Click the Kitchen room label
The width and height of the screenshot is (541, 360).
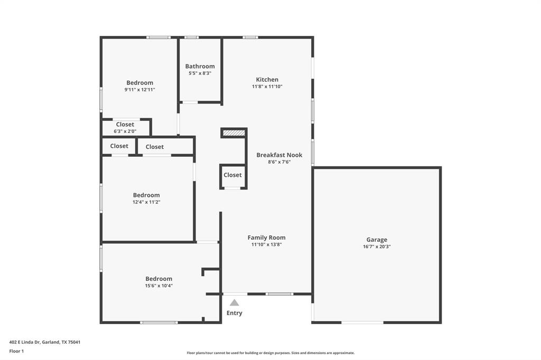267,80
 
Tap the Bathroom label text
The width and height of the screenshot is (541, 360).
200,67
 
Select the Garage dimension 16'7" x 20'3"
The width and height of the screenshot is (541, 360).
377,247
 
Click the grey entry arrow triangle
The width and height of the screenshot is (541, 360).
234,302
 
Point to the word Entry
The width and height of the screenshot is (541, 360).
234,313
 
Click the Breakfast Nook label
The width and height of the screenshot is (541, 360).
279,155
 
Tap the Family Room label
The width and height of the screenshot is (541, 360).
266,238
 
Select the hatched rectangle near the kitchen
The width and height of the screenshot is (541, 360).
234,133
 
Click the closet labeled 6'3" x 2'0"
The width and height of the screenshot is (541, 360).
125,128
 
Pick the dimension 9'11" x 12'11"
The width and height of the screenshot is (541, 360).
139,90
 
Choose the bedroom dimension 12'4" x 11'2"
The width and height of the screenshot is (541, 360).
146,202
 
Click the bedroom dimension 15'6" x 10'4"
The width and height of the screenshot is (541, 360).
159,286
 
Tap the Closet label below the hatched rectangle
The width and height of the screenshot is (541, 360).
232,175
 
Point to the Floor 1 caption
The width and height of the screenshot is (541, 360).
17,351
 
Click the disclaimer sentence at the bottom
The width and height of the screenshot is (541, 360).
270,353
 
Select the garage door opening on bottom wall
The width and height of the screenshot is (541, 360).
362,322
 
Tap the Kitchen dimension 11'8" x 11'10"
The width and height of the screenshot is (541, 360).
267,87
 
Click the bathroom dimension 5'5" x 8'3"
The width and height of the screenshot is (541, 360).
200,73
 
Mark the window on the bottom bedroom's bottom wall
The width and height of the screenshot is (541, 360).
158,322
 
